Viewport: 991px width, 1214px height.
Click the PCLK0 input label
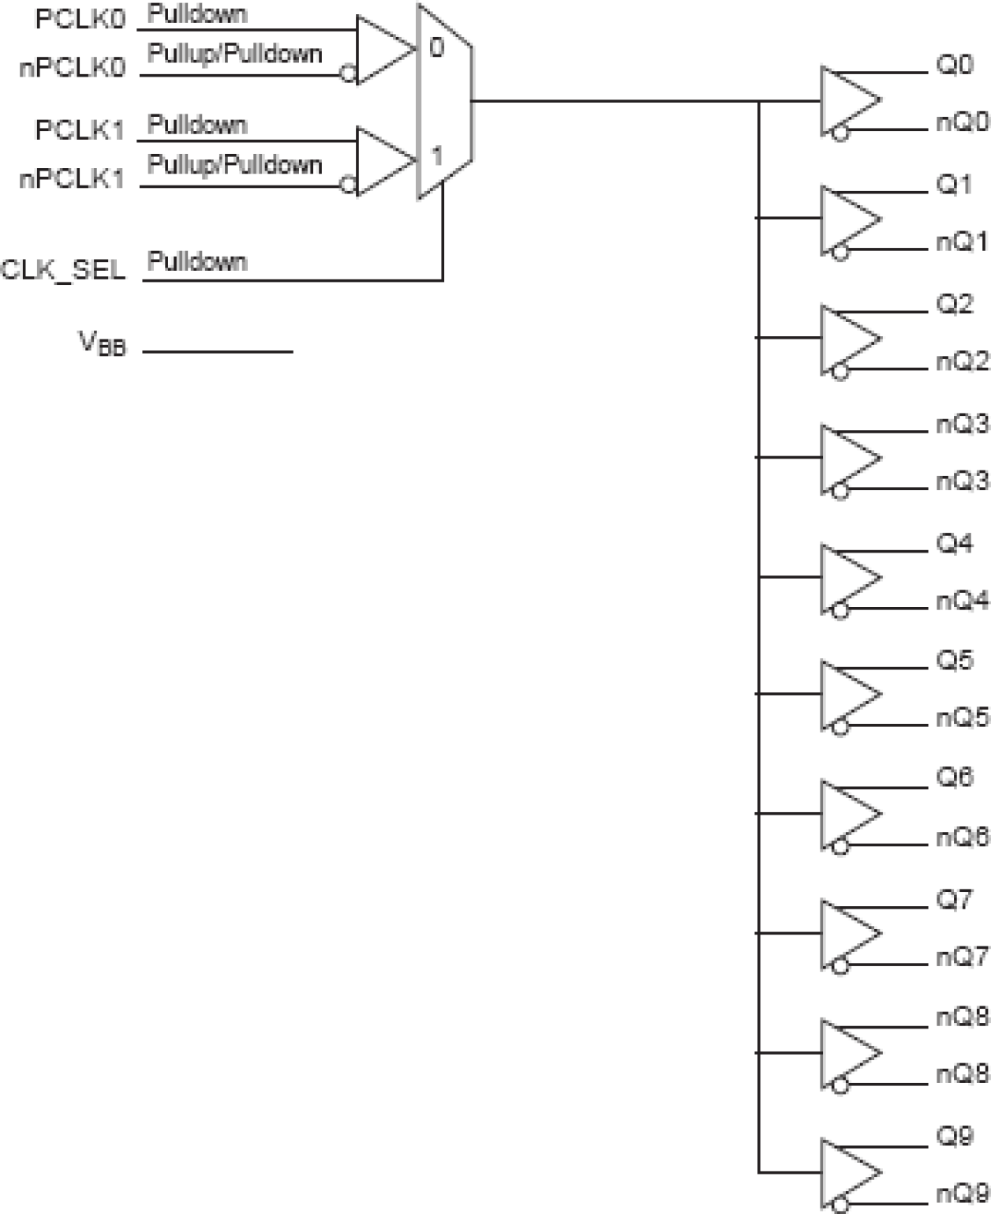tap(80, 20)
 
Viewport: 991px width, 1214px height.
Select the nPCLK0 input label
tap(72, 68)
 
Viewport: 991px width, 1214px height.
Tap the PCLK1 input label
tap(80, 130)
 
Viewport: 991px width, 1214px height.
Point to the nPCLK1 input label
tap(72, 179)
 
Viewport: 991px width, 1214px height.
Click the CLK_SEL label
tap(63, 270)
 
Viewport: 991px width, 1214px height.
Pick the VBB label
tap(102, 343)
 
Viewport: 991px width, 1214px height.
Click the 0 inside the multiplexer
tap(436, 48)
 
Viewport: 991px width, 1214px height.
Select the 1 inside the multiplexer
tap(436, 155)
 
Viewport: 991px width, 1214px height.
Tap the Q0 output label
tap(955, 65)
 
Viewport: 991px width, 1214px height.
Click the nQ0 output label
tap(962, 122)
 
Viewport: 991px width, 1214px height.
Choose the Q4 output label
tap(955, 543)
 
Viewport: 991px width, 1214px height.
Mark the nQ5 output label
tap(962, 718)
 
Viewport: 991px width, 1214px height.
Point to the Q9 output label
tap(955, 1137)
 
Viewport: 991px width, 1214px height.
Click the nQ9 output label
tap(962, 1193)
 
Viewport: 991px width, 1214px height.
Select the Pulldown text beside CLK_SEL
tap(197, 261)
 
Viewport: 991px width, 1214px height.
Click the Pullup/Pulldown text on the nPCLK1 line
tap(234, 165)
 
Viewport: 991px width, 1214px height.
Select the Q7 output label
tap(955, 899)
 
